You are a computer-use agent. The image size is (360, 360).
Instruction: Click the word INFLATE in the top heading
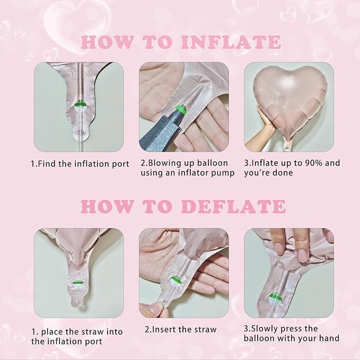point(231,42)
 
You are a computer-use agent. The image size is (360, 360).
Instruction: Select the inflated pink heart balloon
point(289,101)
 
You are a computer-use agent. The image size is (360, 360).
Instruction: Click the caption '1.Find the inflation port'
point(80,164)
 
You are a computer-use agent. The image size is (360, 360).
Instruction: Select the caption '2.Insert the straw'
point(181,329)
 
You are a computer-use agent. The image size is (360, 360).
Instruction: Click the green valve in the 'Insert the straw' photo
point(177,280)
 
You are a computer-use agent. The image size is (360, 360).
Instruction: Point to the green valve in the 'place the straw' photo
point(77,282)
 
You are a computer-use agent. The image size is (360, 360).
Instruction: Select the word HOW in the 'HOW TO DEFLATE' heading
point(107,206)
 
